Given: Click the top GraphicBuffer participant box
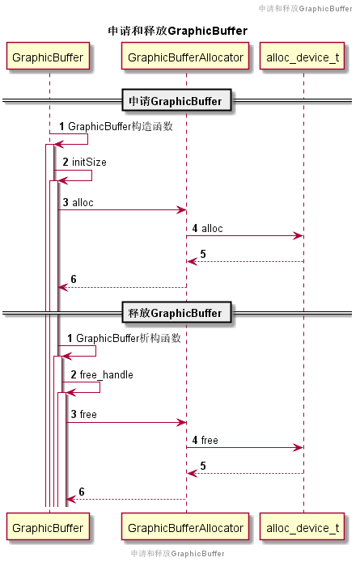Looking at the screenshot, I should pos(49,57).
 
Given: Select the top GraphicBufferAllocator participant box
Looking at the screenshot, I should pos(186,57).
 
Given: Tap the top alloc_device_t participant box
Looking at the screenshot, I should pos(303,57).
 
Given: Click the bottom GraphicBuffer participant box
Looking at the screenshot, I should pos(49,528).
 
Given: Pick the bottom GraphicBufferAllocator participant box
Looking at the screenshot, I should pos(186,528).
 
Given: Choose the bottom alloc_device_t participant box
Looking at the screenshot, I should pos(303,528).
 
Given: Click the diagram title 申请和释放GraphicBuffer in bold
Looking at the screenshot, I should pos(177,31).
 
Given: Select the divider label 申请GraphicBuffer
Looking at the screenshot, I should pos(177,101).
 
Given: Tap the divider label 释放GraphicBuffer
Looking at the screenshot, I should pos(177,313).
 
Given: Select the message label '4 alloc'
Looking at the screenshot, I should pos(207,229).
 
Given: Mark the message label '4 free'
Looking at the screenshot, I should pos(205,440).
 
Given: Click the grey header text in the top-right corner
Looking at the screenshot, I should pos(304,8).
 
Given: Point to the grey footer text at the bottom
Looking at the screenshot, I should pos(177,554).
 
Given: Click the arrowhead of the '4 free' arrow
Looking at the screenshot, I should pos(299,448).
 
